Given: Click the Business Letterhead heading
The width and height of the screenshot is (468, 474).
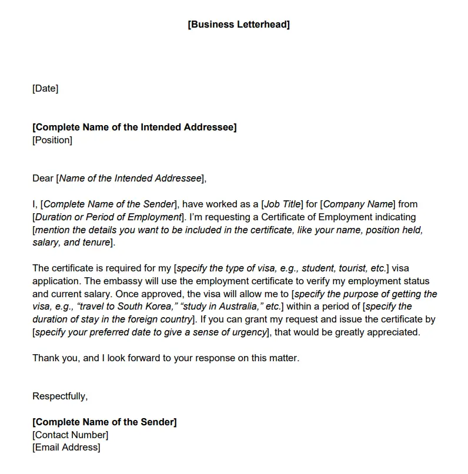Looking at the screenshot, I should point(239,25).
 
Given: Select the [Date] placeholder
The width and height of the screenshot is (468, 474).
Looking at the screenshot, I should point(45,89).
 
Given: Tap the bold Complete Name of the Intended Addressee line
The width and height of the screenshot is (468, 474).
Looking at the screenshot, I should point(135,127).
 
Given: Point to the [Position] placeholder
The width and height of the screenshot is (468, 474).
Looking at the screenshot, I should point(52,140).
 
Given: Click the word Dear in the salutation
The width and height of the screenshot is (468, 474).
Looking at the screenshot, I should point(43,179).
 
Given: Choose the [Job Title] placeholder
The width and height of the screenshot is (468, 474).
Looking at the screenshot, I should point(282,204).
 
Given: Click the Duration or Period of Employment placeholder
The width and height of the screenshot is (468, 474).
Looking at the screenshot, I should point(108,217).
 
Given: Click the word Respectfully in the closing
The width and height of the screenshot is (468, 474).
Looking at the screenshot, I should point(60,396).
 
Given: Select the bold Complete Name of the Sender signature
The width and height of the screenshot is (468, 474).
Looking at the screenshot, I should point(105,422).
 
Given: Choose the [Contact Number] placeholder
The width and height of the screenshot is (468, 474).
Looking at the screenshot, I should point(71,435).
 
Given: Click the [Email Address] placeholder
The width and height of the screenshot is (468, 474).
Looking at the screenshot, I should point(66,448).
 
